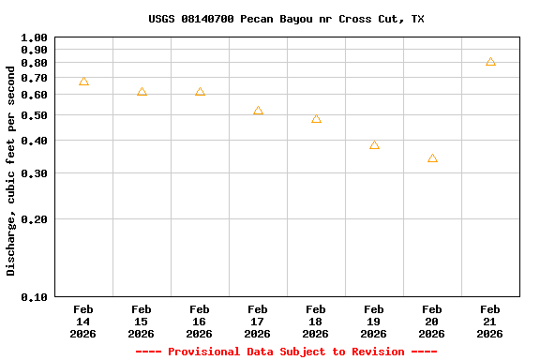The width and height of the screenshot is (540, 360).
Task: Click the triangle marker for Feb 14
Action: tap(83, 82)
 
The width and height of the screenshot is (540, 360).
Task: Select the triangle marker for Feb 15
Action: tap(142, 92)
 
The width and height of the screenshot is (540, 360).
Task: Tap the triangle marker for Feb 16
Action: tap(200, 92)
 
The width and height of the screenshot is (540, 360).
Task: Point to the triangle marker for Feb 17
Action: tap(258, 111)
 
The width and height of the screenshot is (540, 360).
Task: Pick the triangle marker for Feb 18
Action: tap(316, 119)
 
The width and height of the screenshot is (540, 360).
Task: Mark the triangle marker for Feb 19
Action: tap(374, 145)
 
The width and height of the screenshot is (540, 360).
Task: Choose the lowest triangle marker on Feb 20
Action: tap(432, 158)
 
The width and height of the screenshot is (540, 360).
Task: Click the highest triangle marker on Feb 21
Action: tap(490, 62)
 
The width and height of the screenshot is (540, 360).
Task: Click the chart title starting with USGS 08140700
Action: tap(286, 19)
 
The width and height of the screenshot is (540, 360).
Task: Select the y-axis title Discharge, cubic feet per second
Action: tap(11, 171)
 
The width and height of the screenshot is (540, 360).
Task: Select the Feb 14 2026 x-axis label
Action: tap(83, 321)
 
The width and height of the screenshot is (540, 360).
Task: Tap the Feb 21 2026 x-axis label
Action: tap(490, 321)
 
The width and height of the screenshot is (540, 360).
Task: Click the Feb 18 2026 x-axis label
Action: tap(316, 321)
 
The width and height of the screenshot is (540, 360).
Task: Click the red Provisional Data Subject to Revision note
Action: tap(286, 352)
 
